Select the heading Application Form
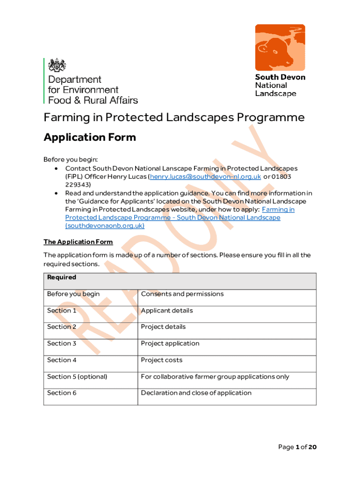(x=90, y=137)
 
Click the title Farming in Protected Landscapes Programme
(x=174, y=117)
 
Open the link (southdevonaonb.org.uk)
(x=105, y=225)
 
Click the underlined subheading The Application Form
(x=78, y=242)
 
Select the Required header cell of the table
(x=62, y=277)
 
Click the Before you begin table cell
(x=73, y=294)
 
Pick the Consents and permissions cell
(x=182, y=294)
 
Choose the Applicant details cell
(x=167, y=311)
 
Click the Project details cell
(x=163, y=327)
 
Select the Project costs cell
(x=162, y=360)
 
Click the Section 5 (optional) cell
(x=77, y=377)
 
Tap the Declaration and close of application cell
(x=196, y=393)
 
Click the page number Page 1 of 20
(x=297, y=447)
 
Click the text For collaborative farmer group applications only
(x=215, y=377)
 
